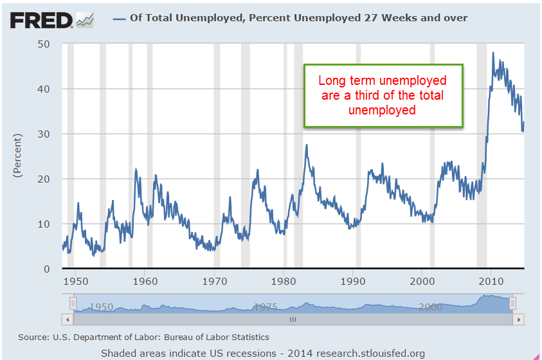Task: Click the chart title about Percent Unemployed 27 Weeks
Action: pyautogui.click(x=298, y=18)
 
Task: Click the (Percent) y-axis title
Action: pyautogui.click(x=17, y=156)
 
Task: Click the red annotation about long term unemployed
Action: pyautogui.click(x=383, y=95)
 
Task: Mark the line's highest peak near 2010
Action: pyautogui.click(x=493, y=53)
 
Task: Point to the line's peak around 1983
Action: pyautogui.click(x=307, y=145)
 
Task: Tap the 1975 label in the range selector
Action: pyautogui.click(x=265, y=307)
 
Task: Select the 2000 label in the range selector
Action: pyautogui.click(x=429, y=307)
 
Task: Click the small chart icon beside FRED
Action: pyautogui.click(x=85, y=20)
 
